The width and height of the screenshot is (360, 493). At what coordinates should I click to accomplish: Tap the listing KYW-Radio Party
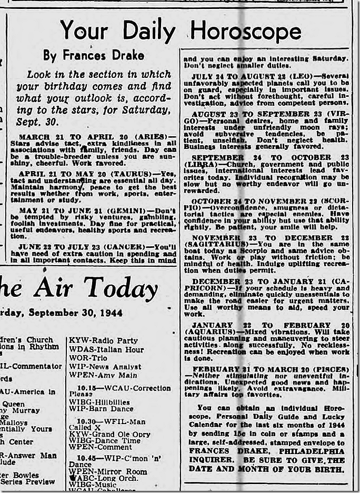pos(103,340)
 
